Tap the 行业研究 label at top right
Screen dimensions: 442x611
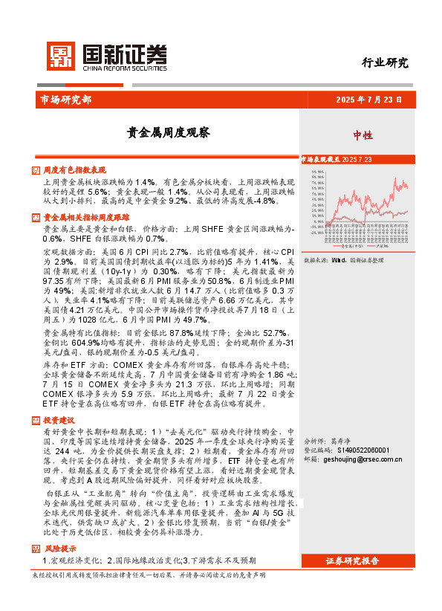tap(384, 62)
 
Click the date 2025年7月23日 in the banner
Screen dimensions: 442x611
tap(369, 99)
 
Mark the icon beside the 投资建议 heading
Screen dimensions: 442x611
tap(36, 421)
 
